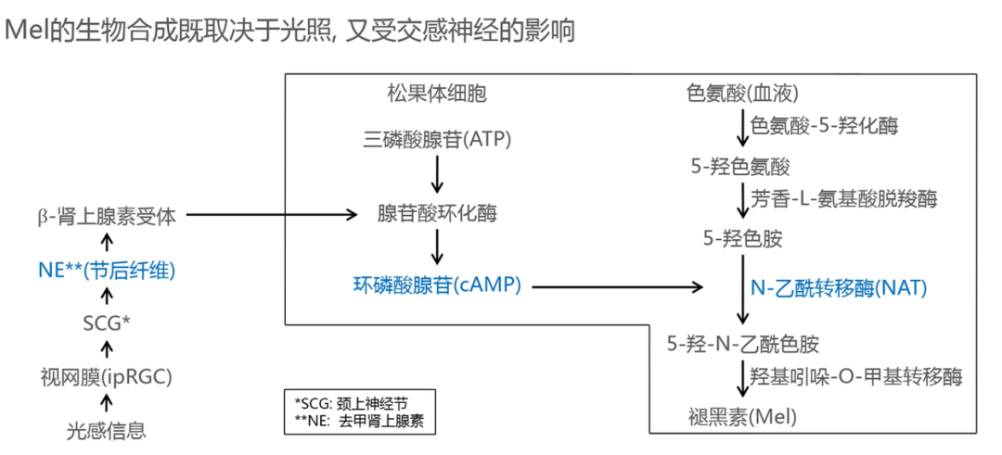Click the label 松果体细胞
tap(437, 94)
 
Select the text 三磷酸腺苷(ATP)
tap(438, 140)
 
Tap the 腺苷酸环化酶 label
tap(437, 214)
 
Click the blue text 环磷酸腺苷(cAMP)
tap(436, 285)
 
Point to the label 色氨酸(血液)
tap(742, 94)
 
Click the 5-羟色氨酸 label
tap(739, 167)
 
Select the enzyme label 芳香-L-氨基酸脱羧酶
tap(844, 198)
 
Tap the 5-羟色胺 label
tap(741, 239)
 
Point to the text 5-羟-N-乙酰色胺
tap(743, 345)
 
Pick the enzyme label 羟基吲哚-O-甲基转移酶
tap(855, 376)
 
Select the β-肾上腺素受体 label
tap(107, 216)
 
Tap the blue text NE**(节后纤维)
tap(107, 271)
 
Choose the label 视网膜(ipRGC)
tap(107, 376)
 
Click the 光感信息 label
tap(107, 430)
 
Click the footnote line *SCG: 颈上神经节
tap(351, 404)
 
